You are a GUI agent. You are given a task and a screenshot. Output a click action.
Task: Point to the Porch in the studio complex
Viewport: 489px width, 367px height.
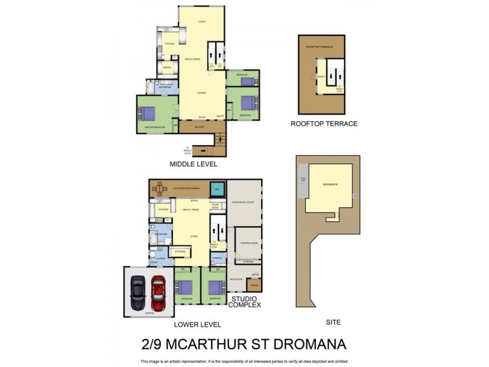click(254, 284)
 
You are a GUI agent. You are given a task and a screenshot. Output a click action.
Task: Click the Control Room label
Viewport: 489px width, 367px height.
click(248, 243)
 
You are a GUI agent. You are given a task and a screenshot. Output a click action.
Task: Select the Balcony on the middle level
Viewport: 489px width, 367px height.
click(199, 127)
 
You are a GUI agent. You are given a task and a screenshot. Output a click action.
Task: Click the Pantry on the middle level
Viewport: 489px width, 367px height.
click(167, 67)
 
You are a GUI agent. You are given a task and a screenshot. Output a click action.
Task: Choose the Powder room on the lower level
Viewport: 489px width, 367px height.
click(217, 258)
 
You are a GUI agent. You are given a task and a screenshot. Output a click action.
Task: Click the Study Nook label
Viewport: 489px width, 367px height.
click(215, 206)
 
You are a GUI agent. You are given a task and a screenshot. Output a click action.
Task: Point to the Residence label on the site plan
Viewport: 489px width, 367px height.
click(331, 183)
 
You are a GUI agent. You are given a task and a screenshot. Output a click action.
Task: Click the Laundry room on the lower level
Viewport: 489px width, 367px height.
click(160, 258)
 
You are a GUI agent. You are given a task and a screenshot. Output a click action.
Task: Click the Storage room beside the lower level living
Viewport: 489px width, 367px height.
click(180, 251)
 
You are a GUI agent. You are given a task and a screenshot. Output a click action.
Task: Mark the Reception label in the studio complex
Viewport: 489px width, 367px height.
click(236, 280)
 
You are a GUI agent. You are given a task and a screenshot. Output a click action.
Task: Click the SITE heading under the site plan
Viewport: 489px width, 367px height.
click(333, 322)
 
